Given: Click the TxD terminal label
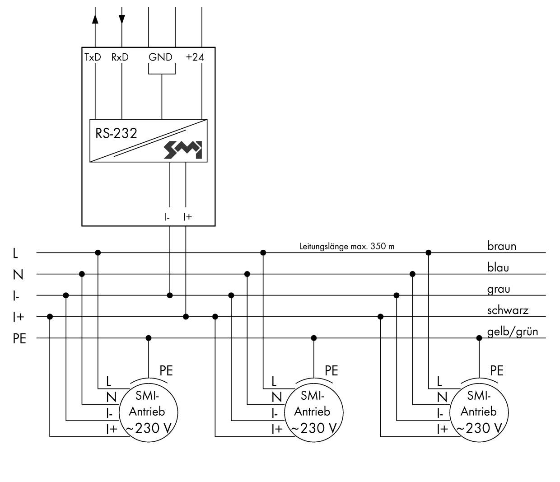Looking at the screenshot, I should click(93, 57).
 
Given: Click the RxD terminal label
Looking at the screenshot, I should click(120, 57).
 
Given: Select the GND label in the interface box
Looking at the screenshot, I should click(160, 57).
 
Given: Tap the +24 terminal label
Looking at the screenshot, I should click(195, 57).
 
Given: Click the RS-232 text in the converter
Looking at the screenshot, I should click(116, 134).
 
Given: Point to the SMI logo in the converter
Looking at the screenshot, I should click(183, 150).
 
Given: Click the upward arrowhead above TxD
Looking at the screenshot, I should click(95, 19).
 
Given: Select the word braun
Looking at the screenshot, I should click(501, 246).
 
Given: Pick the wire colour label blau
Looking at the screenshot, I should click(498, 267).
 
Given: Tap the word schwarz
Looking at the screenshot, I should click(508, 310).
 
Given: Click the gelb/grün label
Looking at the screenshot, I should click(513, 332).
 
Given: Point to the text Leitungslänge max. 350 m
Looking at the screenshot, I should click(347, 247).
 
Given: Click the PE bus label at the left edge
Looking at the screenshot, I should click(19, 338).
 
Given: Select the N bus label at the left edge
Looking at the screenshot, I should click(18, 274).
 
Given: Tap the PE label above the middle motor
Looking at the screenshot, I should click(331, 371).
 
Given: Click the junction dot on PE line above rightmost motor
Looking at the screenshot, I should click(479, 338).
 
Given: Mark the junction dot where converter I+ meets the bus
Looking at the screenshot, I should click(186, 317).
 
